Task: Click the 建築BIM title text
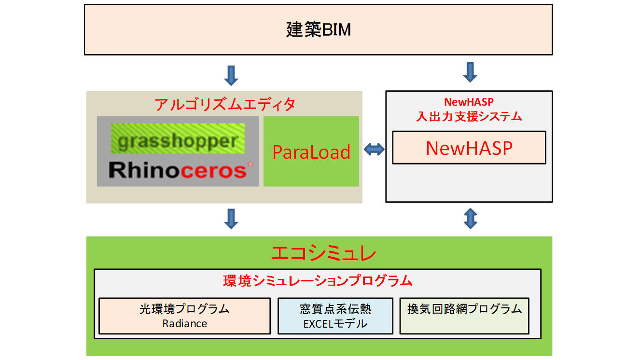tap(318, 30)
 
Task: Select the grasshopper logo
tap(178, 141)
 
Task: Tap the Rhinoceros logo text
tap(178, 170)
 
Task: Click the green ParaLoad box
tap(311, 152)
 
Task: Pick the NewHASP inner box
tap(469, 148)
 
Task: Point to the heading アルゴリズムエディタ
tap(225, 104)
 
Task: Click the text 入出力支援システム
tap(469, 116)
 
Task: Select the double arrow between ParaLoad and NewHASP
tap(374, 150)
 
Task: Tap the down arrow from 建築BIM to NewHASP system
tap(470, 72)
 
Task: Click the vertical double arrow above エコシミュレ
tap(470, 219)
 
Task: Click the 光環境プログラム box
tap(184, 316)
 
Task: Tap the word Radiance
tap(184, 323)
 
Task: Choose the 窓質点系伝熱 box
tap(335, 316)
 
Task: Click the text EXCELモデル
tap(335, 324)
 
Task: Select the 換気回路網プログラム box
tap(464, 315)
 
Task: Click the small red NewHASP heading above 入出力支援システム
tap(469, 102)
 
